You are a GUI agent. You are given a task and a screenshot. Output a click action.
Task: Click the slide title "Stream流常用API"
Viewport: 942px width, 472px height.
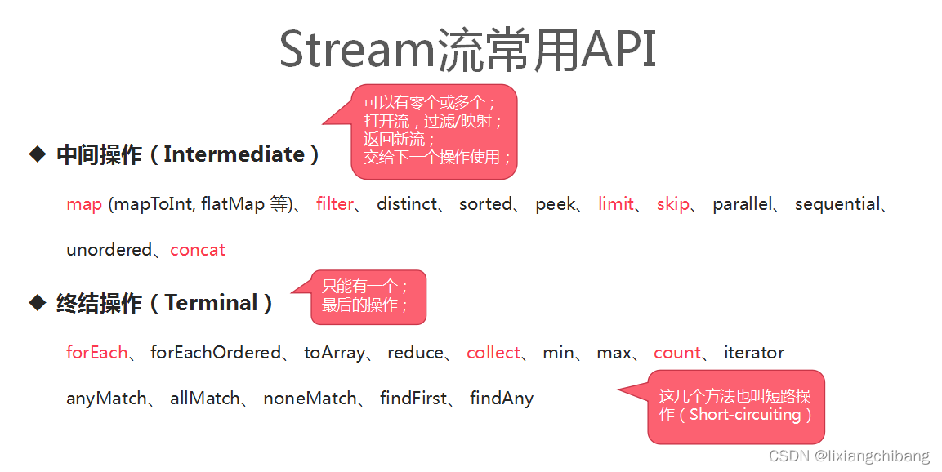(x=468, y=50)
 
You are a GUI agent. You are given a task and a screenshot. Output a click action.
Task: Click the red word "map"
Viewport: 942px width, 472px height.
(x=84, y=204)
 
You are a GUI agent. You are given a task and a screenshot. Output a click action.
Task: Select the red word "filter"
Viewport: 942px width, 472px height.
(x=335, y=204)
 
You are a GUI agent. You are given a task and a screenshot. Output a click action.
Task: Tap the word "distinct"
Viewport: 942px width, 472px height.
(x=407, y=204)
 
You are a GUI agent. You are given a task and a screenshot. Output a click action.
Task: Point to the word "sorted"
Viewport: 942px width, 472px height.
(x=485, y=204)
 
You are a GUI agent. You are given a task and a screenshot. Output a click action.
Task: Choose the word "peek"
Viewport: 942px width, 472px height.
(x=555, y=204)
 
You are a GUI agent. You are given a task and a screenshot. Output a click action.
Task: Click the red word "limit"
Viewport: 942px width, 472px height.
(x=616, y=204)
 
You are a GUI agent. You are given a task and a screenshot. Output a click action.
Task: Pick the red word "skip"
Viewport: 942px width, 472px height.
(x=673, y=204)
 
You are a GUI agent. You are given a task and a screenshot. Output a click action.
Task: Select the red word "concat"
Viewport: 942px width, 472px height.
(x=198, y=250)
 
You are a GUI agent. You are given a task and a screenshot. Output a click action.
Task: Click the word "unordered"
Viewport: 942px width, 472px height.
(x=109, y=250)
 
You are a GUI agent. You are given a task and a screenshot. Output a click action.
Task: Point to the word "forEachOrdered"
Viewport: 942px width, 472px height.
(x=216, y=353)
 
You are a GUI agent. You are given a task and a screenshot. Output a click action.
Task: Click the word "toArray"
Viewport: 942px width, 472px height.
(x=334, y=353)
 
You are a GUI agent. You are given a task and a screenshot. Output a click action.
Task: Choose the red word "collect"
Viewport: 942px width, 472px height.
(x=493, y=353)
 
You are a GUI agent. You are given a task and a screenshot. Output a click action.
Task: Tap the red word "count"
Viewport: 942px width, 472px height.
(x=677, y=353)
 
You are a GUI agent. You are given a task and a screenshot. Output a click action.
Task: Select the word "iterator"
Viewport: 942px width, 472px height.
(x=753, y=353)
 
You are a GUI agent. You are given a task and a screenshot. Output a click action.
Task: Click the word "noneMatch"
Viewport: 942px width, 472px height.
(x=310, y=399)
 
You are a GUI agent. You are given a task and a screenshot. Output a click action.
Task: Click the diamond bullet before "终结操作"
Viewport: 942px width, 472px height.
(x=37, y=303)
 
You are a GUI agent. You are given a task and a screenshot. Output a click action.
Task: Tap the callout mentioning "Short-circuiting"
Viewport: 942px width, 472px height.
(x=735, y=407)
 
